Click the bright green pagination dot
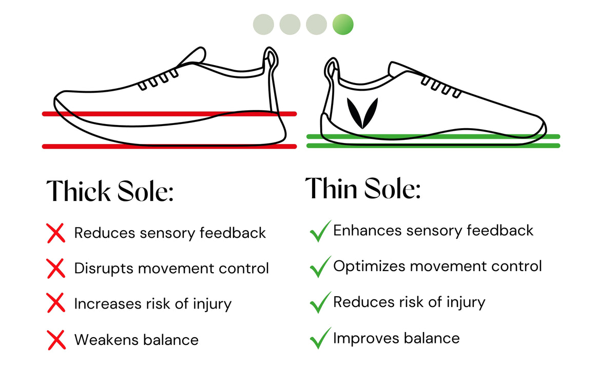click(x=343, y=24)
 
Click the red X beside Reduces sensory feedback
click(x=56, y=233)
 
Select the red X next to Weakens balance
click(x=56, y=339)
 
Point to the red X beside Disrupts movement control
click(x=56, y=268)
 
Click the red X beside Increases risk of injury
click(x=56, y=303)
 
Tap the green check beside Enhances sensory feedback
click(x=319, y=232)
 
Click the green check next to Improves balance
click(x=319, y=339)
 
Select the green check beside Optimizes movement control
click(x=319, y=267)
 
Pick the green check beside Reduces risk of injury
click(x=319, y=303)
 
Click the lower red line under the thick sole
click(x=169, y=147)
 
